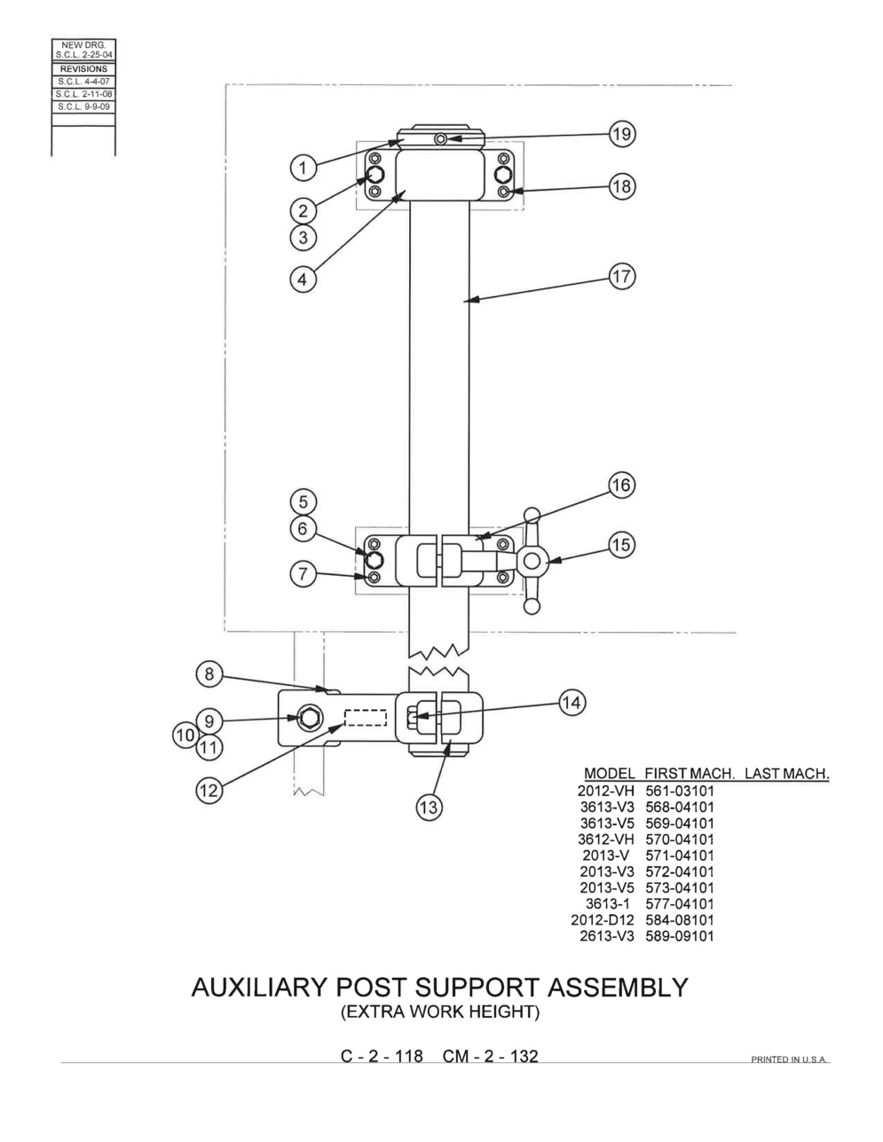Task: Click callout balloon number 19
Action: pyautogui.click(x=622, y=134)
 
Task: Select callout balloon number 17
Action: pyautogui.click(x=622, y=277)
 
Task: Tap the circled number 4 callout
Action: pyautogui.click(x=303, y=279)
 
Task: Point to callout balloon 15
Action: pyautogui.click(x=621, y=545)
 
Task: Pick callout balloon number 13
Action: pyautogui.click(x=429, y=807)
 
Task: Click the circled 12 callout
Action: pyautogui.click(x=209, y=790)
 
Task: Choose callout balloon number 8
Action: pyautogui.click(x=209, y=674)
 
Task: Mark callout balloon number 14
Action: pyautogui.click(x=572, y=703)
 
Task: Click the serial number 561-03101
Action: pyautogui.click(x=680, y=791)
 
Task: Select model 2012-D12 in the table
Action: pyautogui.click(x=603, y=920)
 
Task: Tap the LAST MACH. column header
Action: pyautogui.click(x=787, y=774)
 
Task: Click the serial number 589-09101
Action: pyautogui.click(x=680, y=936)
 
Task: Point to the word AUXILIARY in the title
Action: pyautogui.click(x=259, y=988)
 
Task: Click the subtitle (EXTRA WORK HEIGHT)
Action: pyautogui.click(x=440, y=1012)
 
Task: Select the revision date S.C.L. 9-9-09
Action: pyautogui.click(x=84, y=106)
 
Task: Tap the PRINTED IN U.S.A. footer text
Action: pyautogui.click(x=788, y=1059)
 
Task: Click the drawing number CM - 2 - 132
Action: pyautogui.click(x=491, y=1056)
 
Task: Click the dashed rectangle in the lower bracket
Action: pyautogui.click(x=366, y=718)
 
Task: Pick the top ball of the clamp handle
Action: pyautogui.click(x=532, y=515)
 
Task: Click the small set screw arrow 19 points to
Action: pyautogui.click(x=441, y=138)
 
